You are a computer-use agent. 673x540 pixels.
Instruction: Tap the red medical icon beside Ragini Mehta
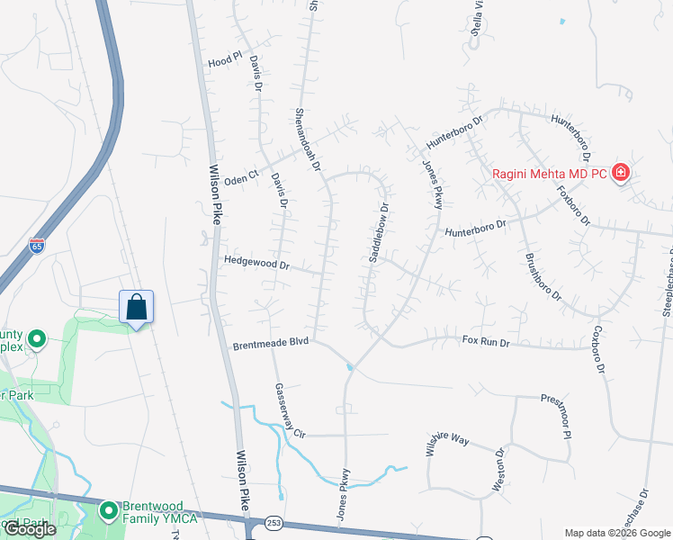coord(620,173)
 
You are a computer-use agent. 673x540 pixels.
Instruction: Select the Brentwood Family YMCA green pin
coord(109,511)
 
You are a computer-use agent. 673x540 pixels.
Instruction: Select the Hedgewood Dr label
coord(257,265)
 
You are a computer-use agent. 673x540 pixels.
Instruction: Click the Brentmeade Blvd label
coord(271,343)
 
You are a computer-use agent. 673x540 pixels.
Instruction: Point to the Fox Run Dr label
coord(486,341)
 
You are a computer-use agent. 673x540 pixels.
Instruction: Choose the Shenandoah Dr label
coord(309,139)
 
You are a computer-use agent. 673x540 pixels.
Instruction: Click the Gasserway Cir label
coord(290,409)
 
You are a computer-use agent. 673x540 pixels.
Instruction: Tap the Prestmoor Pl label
coord(556,415)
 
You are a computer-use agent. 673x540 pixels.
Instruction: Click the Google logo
coord(30,529)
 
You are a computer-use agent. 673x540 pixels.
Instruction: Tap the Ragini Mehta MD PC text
coord(549,174)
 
